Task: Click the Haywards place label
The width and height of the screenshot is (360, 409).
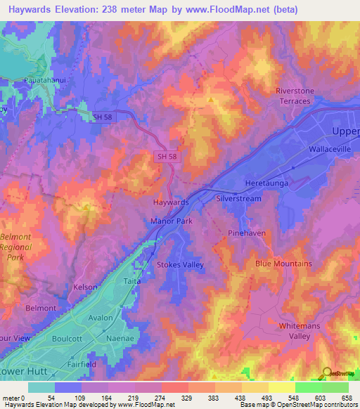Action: [x=171, y=202]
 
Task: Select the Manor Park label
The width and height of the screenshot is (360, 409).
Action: [x=171, y=221]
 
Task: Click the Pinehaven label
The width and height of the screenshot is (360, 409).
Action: [x=244, y=233]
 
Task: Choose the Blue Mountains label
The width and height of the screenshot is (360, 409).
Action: [x=283, y=264]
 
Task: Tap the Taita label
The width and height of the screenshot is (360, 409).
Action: [x=132, y=280]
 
